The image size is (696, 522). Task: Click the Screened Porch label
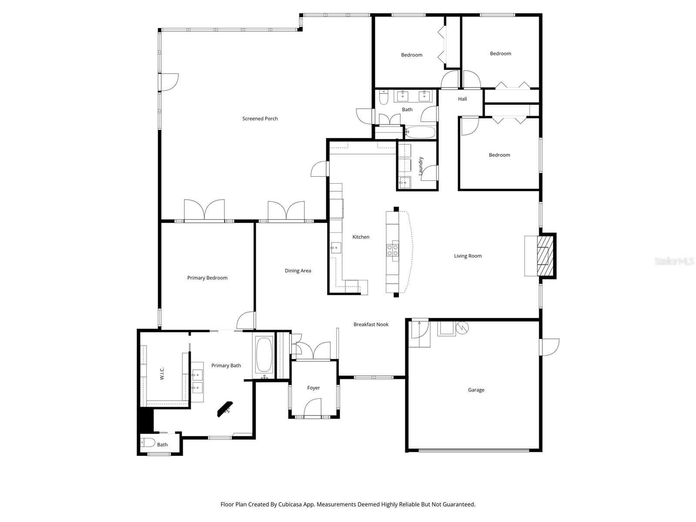[x=260, y=118]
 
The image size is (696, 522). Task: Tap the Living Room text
[x=468, y=256]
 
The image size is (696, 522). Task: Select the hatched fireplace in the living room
[x=545, y=256]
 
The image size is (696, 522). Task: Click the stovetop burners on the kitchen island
[x=392, y=250]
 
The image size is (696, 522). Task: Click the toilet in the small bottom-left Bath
[x=148, y=443]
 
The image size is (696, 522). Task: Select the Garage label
[x=476, y=390]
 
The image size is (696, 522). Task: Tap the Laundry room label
[x=421, y=166]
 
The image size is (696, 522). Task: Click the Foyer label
[x=313, y=388]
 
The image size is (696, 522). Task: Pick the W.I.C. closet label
[x=162, y=374]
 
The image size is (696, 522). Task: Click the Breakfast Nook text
[x=371, y=324]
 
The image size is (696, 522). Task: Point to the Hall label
[x=462, y=99]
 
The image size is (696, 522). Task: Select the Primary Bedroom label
[x=207, y=278]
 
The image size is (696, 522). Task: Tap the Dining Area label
[x=298, y=271]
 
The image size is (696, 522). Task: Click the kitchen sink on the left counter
[x=335, y=248]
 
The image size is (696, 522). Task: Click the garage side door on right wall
[x=549, y=347]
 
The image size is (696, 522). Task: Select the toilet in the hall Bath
[x=383, y=98]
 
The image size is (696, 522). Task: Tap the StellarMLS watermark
[x=674, y=261]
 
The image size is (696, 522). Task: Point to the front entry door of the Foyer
[x=313, y=409]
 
